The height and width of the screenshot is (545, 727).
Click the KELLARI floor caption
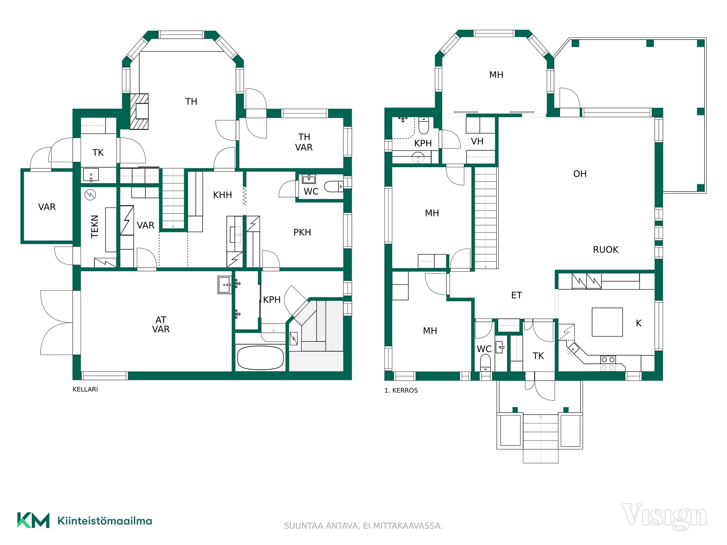click(85, 389)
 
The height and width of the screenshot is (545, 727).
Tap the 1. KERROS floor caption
click(401, 390)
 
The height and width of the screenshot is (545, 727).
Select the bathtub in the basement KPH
click(260, 358)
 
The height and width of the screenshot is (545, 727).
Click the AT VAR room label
click(161, 325)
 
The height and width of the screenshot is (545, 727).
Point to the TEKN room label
click(95, 226)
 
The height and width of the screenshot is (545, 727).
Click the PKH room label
click(302, 232)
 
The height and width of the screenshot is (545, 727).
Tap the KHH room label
click(222, 195)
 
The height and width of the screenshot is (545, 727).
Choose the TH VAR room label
click(304, 142)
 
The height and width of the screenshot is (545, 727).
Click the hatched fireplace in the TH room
click(139, 111)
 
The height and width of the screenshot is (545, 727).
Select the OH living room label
click(580, 174)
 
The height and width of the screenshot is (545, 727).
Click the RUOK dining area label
click(605, 249)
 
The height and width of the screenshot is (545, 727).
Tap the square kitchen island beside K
click(607, 322)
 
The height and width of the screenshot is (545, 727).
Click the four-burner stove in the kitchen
click(608, 363)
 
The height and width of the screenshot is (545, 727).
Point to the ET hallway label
click(516, 295)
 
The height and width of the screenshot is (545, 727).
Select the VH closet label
click(477, 142)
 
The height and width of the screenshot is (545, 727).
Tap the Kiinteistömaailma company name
click(105, 521)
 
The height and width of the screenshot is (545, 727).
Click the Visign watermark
click(665, 516)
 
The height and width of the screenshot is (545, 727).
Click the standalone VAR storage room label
click(47, 207)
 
